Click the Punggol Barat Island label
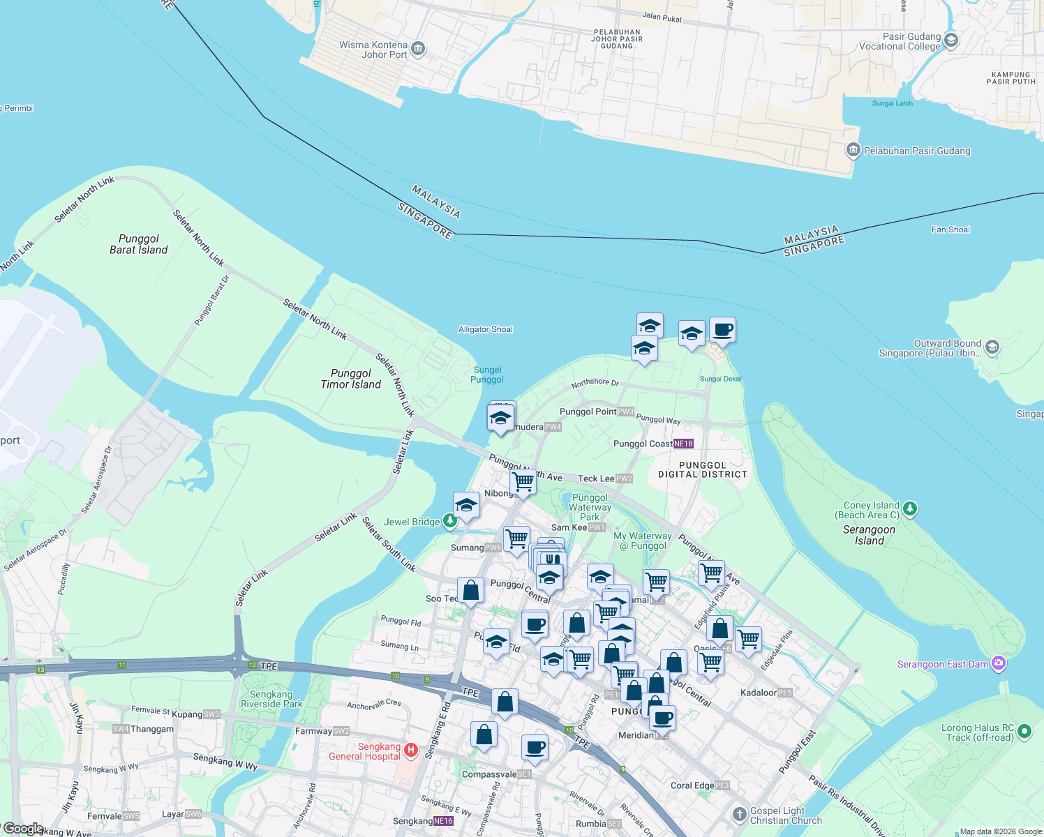(x=139, y=244)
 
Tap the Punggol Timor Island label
(x=351, y=379)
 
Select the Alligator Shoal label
(x=486, y=329)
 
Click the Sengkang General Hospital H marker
(x=411, y=751)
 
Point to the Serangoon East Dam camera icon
(x=999, y=663)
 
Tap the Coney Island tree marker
(x=909, y=509)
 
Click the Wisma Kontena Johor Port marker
(x=418, y=48)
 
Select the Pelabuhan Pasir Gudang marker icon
(x=853, y=150)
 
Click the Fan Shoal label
(x=950, y=229)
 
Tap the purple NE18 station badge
(x=684, y=444)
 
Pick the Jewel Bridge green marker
(x=450, y=521)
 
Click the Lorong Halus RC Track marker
(x=1024, y=732)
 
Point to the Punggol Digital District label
(x=703, y=469)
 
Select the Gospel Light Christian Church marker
(x=740, y=814)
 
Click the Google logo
(x=23, y=829)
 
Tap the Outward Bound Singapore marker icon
(x=992, y=347)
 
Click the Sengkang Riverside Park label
(x=271, y=699)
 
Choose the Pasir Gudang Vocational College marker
(x=950, y=40)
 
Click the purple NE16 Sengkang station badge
(x=444, y=821)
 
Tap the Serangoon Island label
(x=869, y=535)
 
